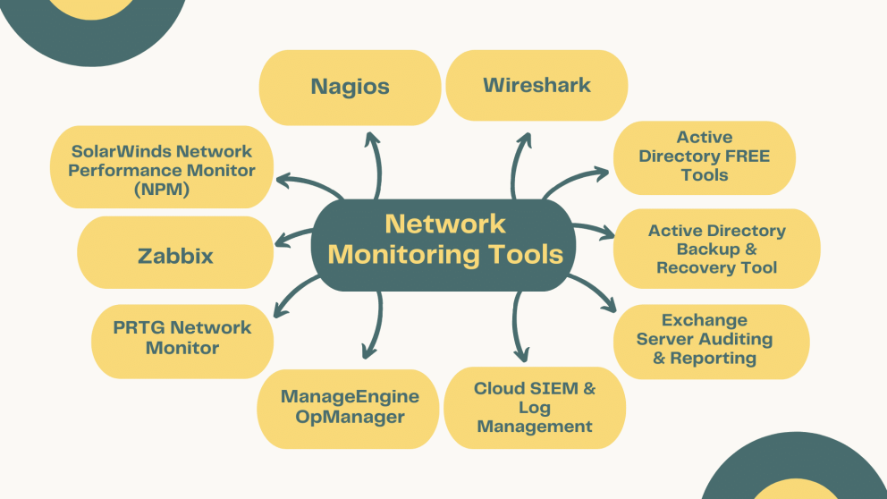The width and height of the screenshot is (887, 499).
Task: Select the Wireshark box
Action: click(536, 85)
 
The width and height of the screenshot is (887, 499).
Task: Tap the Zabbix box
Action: click(175, 256)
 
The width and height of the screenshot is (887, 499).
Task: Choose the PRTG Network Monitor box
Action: click(182, 338)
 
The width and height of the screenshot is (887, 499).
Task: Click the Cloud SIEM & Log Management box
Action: click(535, 408)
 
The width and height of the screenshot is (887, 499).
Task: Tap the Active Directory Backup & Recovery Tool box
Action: click(716, 249)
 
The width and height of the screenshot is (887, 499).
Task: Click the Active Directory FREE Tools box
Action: click(704, 156)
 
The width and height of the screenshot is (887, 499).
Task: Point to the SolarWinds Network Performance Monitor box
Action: click(162, 170)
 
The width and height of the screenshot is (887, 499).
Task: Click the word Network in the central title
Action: click(445, 224)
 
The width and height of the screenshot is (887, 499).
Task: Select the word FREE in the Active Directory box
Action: click(741, 156)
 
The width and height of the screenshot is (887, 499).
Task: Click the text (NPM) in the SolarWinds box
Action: click(162, 189)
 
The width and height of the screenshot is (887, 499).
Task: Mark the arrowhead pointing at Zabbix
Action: click(279, 239)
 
